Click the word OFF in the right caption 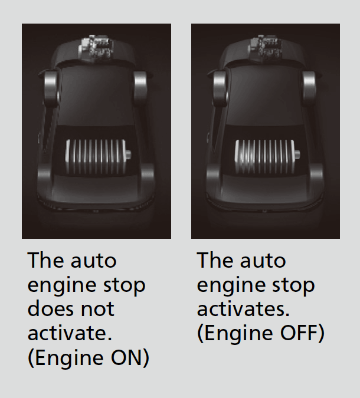click(299, 333)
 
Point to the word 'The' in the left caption click(45, 260)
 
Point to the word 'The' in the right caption click(215, 260)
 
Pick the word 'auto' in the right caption click(263, 261)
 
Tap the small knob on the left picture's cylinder click(128, 154)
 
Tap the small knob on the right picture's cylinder click(297, 154)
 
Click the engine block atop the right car click(265, 48)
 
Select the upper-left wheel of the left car click(51, 87)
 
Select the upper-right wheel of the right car click(309, 88)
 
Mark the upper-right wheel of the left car click(140, 87)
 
